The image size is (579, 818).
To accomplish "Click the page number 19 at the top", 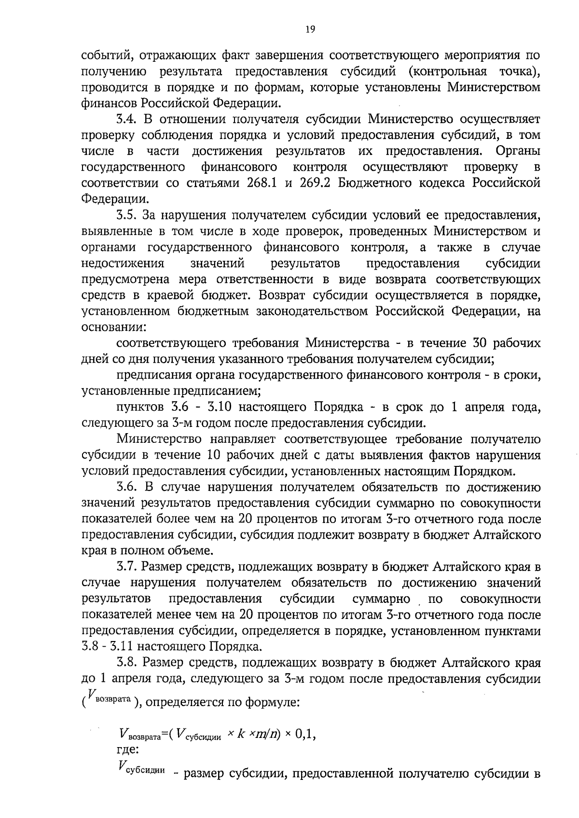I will click(310, 30).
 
